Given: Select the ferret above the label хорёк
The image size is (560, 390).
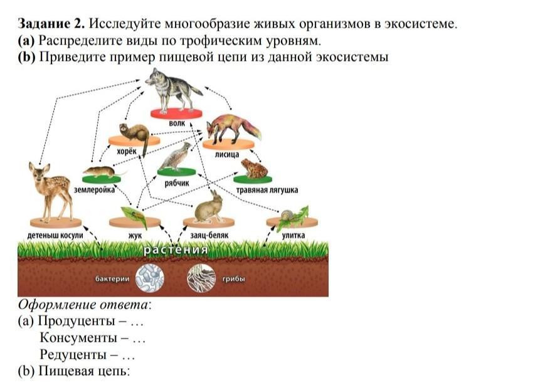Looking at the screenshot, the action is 134,133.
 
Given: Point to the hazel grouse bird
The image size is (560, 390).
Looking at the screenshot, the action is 176,157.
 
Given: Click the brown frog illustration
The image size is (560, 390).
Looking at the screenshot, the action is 253,168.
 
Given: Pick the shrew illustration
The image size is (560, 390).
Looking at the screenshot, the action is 100,171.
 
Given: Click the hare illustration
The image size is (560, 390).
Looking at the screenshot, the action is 209,207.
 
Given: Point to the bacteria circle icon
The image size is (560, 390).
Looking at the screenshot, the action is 149,278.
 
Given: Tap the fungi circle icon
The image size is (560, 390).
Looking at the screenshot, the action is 201,278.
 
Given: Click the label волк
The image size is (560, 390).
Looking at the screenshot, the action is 177,124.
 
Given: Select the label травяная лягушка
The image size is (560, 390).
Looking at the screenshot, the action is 267,189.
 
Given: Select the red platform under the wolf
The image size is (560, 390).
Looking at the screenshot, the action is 177,113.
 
